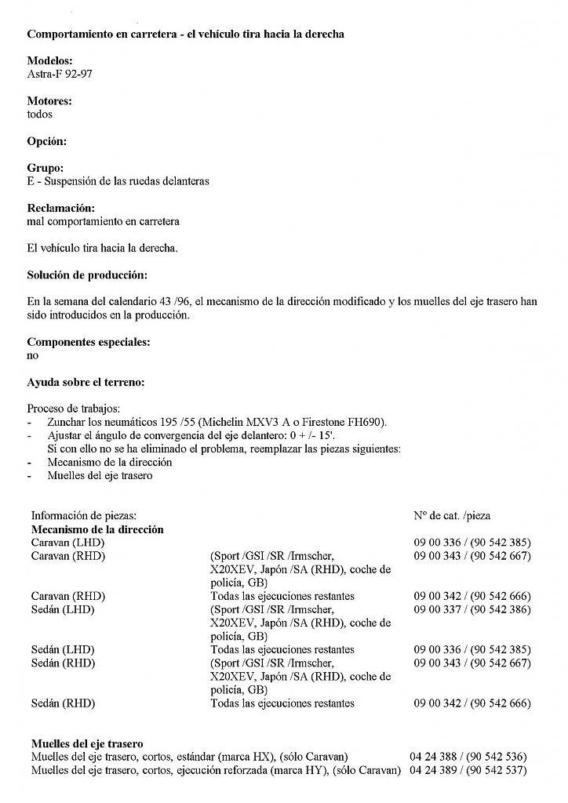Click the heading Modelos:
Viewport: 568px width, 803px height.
tap(49, 60)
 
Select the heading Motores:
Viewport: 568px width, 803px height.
tap(49, 101)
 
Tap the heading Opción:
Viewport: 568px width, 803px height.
tap(47, 141)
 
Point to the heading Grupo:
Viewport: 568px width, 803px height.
tap(46, 168)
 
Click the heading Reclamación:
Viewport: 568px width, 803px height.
tap(60, 209)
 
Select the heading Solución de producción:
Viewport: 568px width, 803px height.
tap(87, 275)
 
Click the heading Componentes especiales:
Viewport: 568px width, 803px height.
tap(89, 342)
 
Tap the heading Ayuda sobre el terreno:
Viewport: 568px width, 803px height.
tap(86, 383)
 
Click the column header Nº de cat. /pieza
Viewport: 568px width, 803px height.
tap(452, 516)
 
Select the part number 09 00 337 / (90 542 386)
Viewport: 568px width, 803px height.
tap(472, 609)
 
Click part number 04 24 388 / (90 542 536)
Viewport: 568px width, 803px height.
tap(468, 757)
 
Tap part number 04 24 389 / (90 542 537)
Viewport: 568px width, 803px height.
tap(468, 770)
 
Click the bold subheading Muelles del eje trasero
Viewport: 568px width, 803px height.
tap(87, 743)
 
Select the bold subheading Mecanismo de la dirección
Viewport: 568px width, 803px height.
tap(97, 529)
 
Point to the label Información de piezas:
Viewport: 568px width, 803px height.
tap(84, 516)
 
